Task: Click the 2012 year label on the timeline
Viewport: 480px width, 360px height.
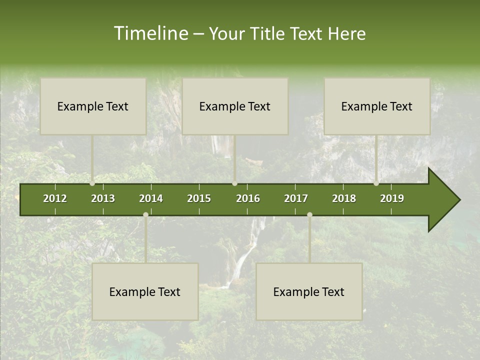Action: point(55,198)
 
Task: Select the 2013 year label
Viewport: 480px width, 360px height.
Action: point(103,198)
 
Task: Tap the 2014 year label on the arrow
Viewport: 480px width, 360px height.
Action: point(151,198)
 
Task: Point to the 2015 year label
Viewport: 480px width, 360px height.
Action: point(199,198)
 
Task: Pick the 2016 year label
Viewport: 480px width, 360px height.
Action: point(248,198)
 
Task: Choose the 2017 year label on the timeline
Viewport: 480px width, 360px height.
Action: point(296,198)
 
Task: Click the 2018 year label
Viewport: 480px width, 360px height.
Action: point(344,198)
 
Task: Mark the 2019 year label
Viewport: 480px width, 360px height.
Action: point(392,198)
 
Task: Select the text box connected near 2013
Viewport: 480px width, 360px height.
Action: point(93,106)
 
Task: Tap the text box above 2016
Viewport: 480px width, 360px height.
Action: point(235,106)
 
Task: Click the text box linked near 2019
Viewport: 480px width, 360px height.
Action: point(377,106)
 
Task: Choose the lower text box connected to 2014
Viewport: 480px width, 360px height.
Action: point(145,291)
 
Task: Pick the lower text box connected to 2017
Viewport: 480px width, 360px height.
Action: point(309,291)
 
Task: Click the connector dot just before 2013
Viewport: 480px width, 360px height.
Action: point(92,183)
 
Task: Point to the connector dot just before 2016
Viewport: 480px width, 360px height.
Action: point(234,183)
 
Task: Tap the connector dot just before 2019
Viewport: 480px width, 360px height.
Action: point(376,183)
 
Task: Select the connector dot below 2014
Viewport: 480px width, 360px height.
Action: point(145,215)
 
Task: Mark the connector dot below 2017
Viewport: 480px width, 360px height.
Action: point(309,215)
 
